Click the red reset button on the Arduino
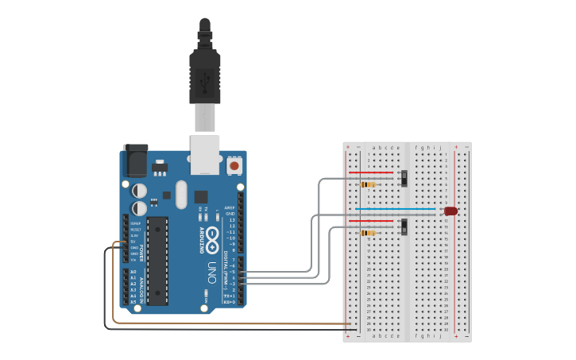pos(235,166)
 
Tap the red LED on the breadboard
pos(450,211)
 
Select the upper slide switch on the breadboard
pos(406,177)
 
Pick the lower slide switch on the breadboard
pos(406,226)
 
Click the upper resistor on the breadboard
pos(368,184)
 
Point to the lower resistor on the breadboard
pos(368,234)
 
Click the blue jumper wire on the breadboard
pos(395,209)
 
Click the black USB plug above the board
pos(205,76)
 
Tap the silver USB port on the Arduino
pos(206,154)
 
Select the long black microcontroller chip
pos(157,260)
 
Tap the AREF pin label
pos(230,207)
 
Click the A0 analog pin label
pos(133,272)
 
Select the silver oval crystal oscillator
pos(181,194)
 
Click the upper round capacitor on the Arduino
pos(139,191)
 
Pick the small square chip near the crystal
pos(201,195)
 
